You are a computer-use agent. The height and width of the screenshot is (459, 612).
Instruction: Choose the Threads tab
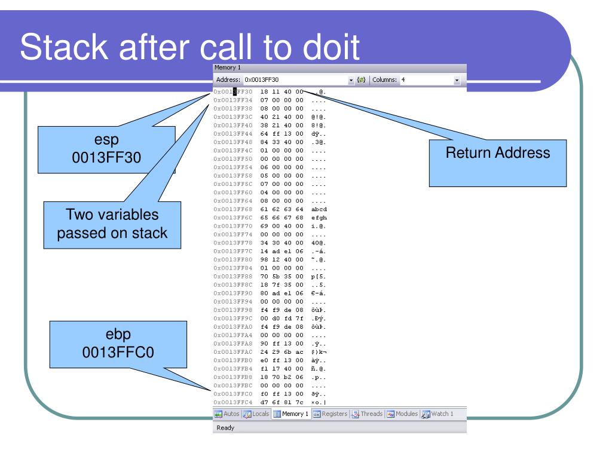click(x=367, y=414)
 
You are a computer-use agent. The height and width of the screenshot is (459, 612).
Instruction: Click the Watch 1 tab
click(x=438, y=414)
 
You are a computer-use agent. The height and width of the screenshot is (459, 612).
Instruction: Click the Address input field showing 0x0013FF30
click(x=293, y=79)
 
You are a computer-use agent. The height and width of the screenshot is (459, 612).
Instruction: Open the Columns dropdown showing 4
click(x=431, y=79)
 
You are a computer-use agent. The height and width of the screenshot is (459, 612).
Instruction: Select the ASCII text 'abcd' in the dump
click(x=320, y=209)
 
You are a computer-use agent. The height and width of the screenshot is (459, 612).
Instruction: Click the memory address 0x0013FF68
click(x=233, y=209)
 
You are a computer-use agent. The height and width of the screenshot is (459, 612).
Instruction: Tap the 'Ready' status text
click(x=226, y=427)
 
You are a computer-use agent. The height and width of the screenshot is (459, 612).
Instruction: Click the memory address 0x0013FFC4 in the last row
click(x=233, y=402)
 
